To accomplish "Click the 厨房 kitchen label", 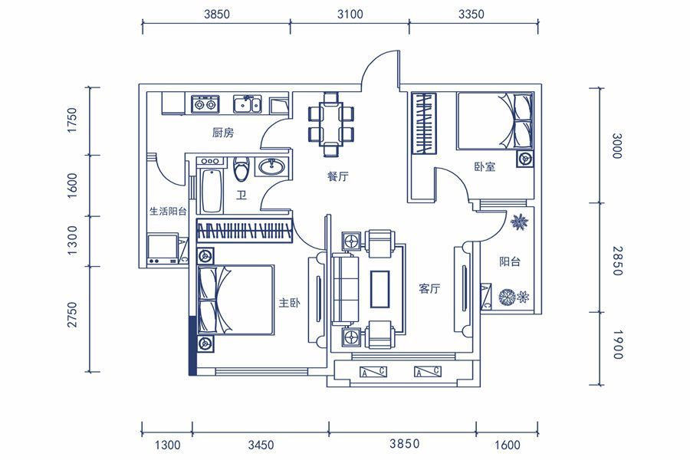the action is tap(223, 133).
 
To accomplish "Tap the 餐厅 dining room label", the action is tap(338, 176).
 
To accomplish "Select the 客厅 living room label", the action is tap(429, 289).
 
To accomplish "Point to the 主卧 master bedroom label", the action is tap(290, 303).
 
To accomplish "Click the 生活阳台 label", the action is tap(168, 211).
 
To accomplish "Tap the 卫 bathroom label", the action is tap(242, 195).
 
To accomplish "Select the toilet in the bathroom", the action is tap(242, 169).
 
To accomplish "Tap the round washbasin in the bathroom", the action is tap(271, 167).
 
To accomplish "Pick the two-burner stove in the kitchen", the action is tap(205, 104).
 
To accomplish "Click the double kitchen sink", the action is tap(248, 104).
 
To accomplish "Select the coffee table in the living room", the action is tap(379, 289).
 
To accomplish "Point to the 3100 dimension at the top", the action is tap(350, 15).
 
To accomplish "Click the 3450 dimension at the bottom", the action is tap(261, 445).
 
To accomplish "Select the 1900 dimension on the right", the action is tap(617, 344).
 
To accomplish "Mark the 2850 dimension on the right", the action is tap(617, 261).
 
